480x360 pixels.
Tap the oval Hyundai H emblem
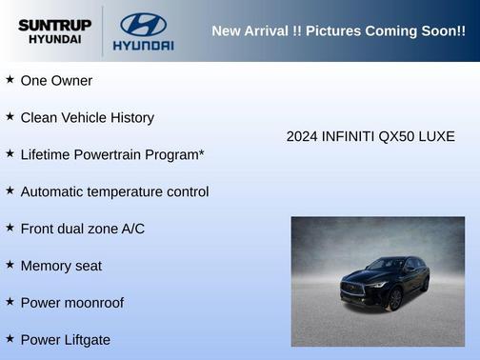pos(143,24)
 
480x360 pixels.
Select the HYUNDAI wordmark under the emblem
pos(143,45)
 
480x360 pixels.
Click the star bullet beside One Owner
pos(10,80)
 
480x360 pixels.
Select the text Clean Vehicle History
pos(87,117)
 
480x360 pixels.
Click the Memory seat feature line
pos(61,266)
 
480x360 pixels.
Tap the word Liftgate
pos(86,340)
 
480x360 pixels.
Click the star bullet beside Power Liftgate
pos(10,339)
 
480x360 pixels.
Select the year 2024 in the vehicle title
pos(303,136)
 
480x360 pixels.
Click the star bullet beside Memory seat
pos(10,265)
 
